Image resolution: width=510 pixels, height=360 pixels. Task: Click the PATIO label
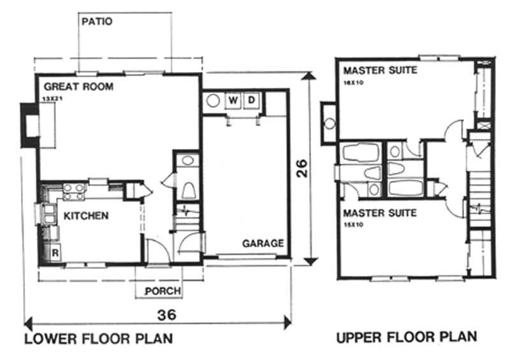[x=98, y=21]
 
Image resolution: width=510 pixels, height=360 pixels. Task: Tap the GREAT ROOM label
[x=78, y=86]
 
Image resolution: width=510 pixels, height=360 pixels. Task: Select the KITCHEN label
[x=85, y=215]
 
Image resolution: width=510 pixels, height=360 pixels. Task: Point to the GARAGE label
[x=263, y=243]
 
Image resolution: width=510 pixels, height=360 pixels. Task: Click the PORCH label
[x=163, y=291]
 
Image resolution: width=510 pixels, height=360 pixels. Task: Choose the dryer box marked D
[x=251, y=100]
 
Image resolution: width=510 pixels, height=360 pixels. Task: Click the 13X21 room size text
[x=54, y=99]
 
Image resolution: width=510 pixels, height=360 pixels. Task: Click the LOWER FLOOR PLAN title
[x=98, y=338]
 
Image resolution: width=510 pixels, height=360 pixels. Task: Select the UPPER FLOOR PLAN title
[x=406, y=338]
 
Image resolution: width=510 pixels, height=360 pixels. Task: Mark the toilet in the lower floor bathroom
[x=189, y=190]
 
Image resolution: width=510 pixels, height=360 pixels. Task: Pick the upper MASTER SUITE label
[x=381, y=70]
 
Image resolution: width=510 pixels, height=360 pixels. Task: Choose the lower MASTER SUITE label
[x=381, y=213]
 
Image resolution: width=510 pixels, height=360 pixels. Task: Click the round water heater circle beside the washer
[x=212, y=100]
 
